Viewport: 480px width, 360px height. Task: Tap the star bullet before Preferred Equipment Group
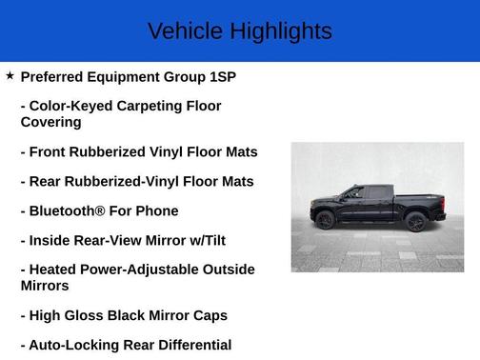pyautogui.click(x=10, y=74)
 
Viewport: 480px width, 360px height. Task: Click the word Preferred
pyautogui.click(x=56, y=76)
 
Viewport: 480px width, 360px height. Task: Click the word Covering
pyautogui.click(x=50, y=122)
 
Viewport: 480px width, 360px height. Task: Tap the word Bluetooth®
pyautogui.click(x=70, y=210)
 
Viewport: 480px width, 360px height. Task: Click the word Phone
pyautogui.click(x=157, y=210)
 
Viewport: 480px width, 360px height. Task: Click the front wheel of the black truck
pyautogui.click(x=326, y=221)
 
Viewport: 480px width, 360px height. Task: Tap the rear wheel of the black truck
pyautogui.click(x=414, y=222)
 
